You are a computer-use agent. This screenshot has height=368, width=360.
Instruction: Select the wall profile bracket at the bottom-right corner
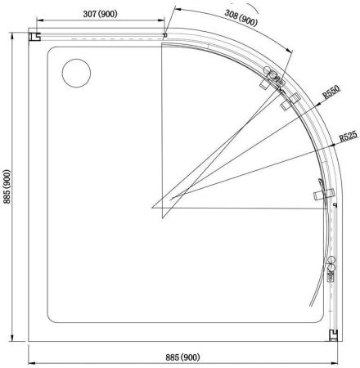[334, 334]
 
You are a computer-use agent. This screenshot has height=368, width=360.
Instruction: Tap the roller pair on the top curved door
[272, 79]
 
